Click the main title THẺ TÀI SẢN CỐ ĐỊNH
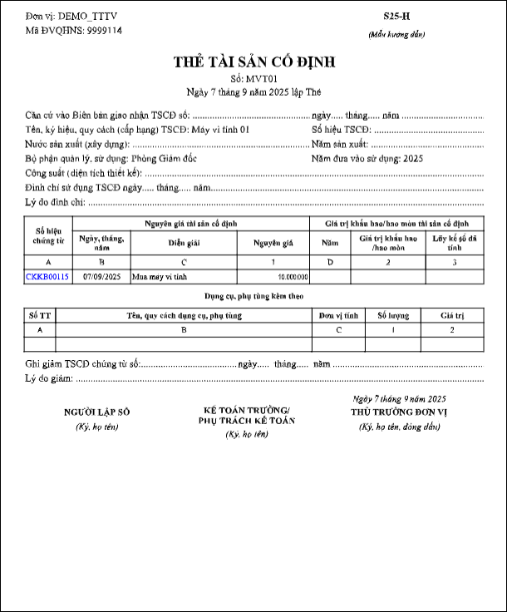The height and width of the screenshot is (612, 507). point(253,62)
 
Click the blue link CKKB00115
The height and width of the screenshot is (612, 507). point(47,276)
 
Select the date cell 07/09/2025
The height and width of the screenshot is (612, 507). point(101,276)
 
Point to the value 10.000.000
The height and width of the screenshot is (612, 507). point(293,276)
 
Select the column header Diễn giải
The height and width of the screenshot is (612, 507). point(185,244)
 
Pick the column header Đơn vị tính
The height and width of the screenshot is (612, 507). point(338,315)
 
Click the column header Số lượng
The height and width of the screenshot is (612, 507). point(393,315)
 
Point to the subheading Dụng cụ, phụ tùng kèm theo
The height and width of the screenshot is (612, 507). point(253,295)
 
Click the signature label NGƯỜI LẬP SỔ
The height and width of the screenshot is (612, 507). point(97,412)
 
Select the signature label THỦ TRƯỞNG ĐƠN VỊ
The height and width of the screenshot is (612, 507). point(399,412)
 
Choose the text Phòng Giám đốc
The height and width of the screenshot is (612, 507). point(164,158)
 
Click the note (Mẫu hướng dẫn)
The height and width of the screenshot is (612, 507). point(396,34)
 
